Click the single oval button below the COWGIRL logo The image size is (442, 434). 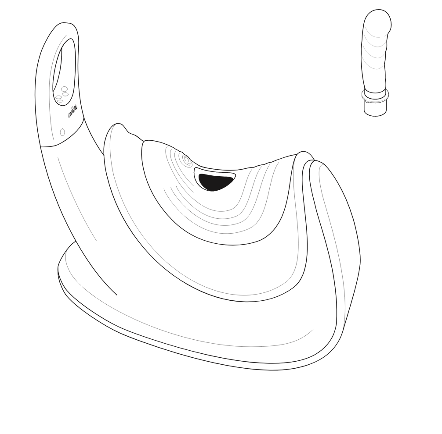62,132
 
